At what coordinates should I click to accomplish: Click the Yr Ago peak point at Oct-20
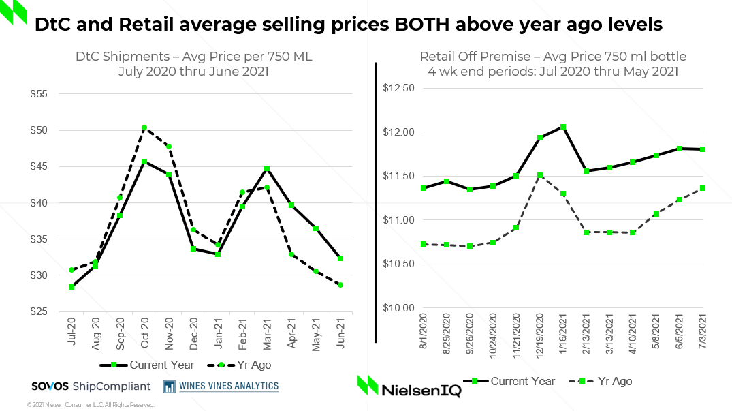point(144,127)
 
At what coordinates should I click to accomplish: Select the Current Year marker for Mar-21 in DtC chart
point(267,168)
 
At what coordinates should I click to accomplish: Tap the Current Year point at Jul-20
point(71,287)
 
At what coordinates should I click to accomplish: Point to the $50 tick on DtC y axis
point(57,130)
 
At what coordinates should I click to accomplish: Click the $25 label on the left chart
point(57,311)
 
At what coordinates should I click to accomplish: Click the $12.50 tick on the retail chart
point(398,88)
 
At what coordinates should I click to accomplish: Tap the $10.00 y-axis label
point(398,307)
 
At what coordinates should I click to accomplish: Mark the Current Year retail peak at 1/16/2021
point(563,126)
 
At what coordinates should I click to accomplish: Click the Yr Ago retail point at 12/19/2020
point(539,175)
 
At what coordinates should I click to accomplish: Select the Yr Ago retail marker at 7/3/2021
point(703,188)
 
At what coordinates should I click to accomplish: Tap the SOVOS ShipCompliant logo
point(91,386)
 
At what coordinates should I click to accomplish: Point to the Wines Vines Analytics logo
point(221,386)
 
